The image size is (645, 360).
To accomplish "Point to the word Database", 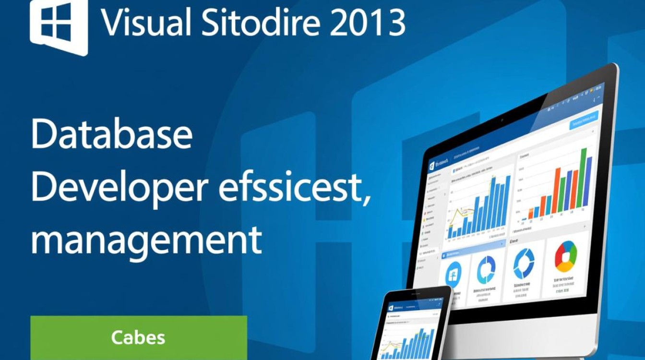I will click(111, 135).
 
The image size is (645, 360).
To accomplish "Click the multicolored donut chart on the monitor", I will click(566, 257).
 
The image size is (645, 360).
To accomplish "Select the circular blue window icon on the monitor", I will click(454, 275).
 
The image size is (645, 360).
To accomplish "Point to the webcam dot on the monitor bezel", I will click(502, 119).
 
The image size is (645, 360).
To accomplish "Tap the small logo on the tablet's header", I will click(391, 308).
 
